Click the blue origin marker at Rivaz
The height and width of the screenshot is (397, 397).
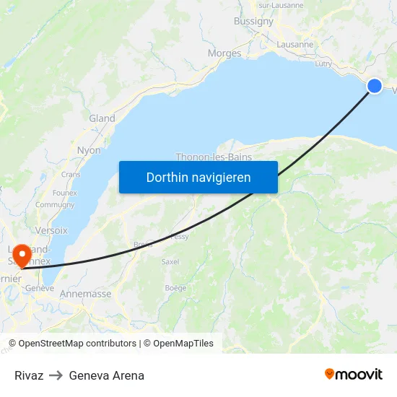(375, 86)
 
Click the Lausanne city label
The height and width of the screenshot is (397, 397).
(295, 44)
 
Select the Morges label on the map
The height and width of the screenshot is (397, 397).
(224, 53)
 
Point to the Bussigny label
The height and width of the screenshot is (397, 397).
(253, 22)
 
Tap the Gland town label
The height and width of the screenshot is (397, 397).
(102, 118)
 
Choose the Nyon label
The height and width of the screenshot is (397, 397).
(89, 150)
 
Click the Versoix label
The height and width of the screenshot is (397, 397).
(51, 230)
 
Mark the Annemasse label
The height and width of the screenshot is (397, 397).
(85, 294)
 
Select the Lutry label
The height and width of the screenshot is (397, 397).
(323, 64)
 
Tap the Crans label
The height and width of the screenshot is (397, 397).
(71, 174)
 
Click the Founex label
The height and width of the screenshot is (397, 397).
(65, 193)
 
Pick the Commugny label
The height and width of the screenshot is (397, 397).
(55, 205)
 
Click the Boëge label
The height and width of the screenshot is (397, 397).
(175, 288)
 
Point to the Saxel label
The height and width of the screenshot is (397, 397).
(170, 261)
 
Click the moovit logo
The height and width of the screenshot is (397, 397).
(354, 375)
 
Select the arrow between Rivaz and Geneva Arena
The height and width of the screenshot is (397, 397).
(56, 375)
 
